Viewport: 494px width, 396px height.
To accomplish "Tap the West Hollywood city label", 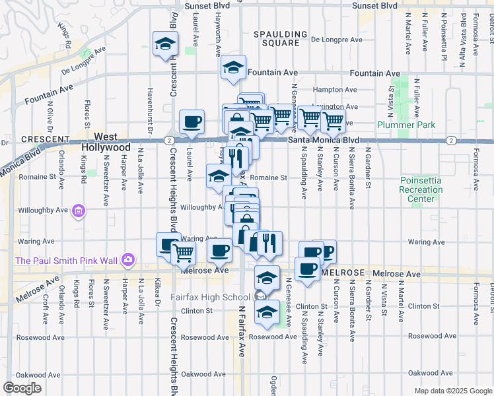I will pyautogui.click(x=106, y=142).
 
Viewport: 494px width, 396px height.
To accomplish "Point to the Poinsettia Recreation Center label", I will pyautogui.click(x=421, y=189).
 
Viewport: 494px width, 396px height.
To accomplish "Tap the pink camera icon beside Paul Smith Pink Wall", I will pyautogui.click(x=128, y=260).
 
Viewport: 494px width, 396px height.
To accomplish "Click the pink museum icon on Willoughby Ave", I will pyautogui.click(x=79, y=211).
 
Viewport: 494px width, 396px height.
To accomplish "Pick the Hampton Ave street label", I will pyautogui.click(x=334, y=90).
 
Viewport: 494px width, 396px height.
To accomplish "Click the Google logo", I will pyautogui.click(x=22, y=387).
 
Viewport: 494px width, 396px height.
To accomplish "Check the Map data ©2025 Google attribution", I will pyautogui.click(x=452, y=391).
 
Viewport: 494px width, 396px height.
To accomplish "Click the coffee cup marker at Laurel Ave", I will pyautogui.click(x=192, y=122).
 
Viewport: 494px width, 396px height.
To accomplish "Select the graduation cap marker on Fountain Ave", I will pyautogui.click(x=233, y=68).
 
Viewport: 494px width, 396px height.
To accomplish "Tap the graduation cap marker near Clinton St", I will pyautogui.click(x=267, y=312).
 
